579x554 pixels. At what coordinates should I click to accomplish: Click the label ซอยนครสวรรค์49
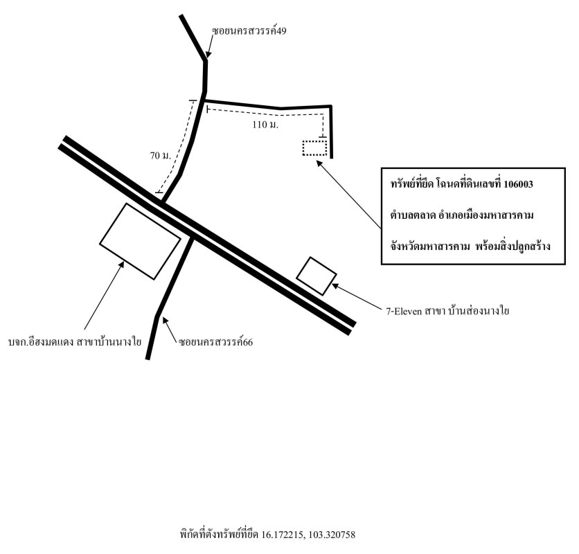click(x=249, y=31)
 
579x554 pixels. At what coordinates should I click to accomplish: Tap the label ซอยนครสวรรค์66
click(x=215, y=342)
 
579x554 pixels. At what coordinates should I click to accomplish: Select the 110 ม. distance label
click(x=265, y=125)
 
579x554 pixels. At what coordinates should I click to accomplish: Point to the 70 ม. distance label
click(x=161, y=156)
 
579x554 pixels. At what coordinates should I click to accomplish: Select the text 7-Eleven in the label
click(x=404, y=312)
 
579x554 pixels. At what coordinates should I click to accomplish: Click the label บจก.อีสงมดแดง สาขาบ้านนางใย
click(x=75, y=342)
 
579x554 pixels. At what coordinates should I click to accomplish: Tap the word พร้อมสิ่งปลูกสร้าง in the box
click(x=513, y=246)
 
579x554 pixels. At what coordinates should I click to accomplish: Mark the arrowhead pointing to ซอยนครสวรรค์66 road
click(x=165, y=321)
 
